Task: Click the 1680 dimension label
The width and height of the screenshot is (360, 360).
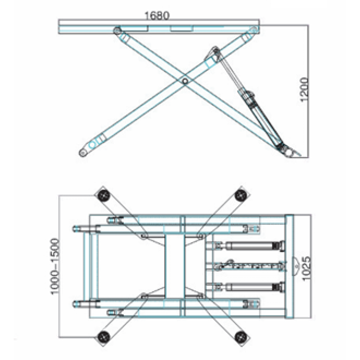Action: point(157,16)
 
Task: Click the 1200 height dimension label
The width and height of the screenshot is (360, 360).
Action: point(304,90)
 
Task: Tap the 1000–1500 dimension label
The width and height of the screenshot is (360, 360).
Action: point(55,266)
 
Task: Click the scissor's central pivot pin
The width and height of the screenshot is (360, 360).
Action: point(185,81)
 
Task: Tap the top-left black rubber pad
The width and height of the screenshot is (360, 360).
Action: point(104,195)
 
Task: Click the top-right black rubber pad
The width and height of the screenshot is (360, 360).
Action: point(241,195)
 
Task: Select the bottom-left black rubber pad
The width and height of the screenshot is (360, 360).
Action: point(104,337)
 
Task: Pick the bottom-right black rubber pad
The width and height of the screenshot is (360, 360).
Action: point(241,337)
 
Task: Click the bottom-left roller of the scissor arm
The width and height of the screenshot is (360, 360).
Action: point(82,152)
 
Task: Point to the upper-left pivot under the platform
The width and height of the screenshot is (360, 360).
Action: point(117,30)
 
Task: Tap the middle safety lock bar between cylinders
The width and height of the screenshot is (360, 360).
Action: point(251,266)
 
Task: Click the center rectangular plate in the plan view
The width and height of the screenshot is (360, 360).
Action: point(175,266)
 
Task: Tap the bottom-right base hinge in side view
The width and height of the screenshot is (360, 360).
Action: point(289,152)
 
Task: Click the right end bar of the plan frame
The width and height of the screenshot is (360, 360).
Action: point(289,266)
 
